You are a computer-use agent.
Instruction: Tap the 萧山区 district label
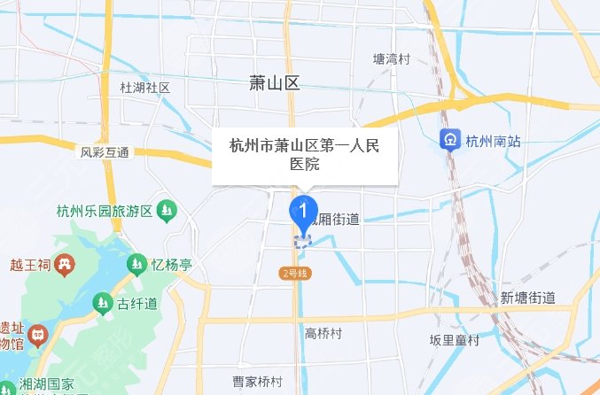pyautogui.click(x=275, y=84)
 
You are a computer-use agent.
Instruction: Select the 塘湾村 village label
pyautogui.click(x=392, y=59)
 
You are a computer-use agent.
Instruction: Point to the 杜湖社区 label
pyautogui.click(x=144, y=88)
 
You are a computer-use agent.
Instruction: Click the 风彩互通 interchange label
pyautogui.click(x=105, y=152)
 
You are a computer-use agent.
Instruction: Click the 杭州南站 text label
pyautogui.click(x=494, y=140)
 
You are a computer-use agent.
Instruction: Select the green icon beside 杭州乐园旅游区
pyautogui.click(x=168, y=211)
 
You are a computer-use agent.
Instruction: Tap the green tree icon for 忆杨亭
pyautogui.click(x=136, y=263)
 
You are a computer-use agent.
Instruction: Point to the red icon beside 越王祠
pyautogui.click(x=64, y=263)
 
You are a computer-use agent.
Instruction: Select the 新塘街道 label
pyautogui.click(x=527, y=297)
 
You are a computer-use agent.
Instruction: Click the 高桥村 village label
pyautogui.click(x=323, y=333)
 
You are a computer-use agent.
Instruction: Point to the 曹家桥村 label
pyautogui.click(x=257, y=382)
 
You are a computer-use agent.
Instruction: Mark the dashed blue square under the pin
pyautogui.click(x=303, y=239)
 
